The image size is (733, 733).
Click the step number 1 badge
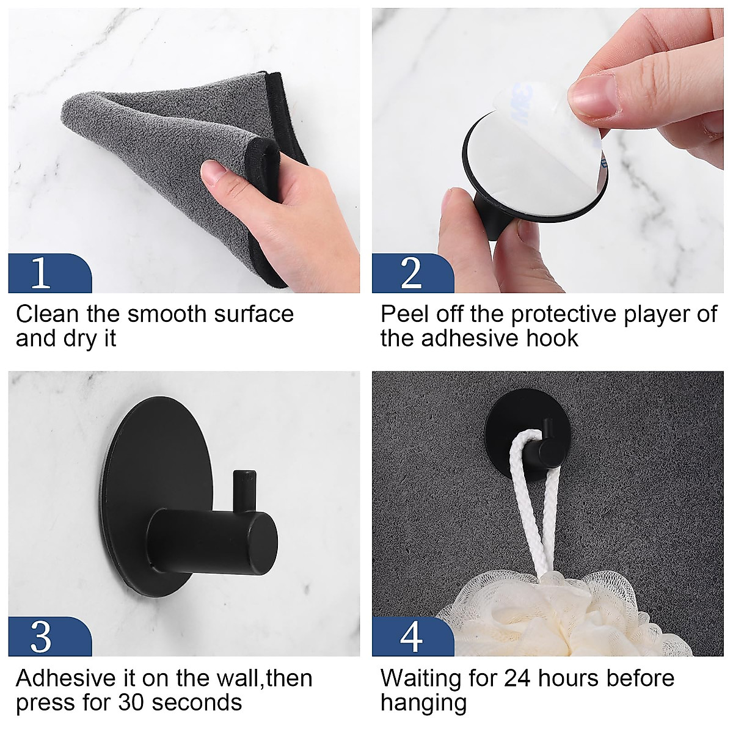[42, 273]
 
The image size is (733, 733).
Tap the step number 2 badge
[411, 273]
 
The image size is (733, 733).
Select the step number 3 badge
[42, 636]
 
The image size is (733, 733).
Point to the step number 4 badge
[411, 636]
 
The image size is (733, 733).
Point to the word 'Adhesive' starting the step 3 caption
[64, 678]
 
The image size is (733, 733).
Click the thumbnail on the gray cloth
[215, 173]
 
